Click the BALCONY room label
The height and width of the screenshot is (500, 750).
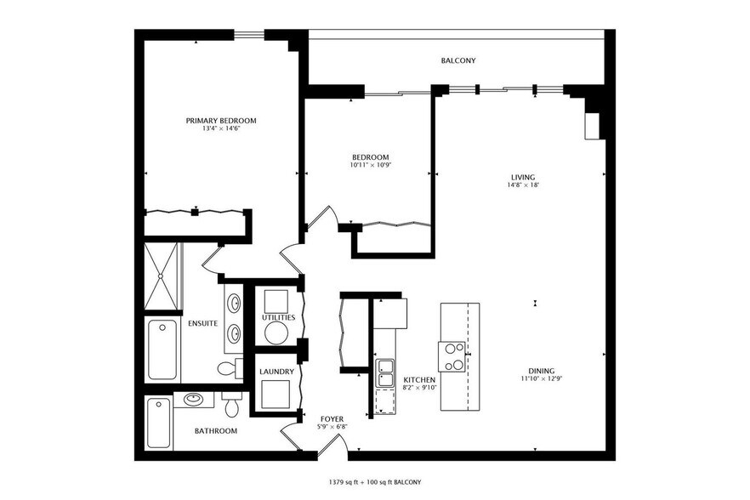[458, 60]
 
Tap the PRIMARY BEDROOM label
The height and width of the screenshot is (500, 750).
[221, 121]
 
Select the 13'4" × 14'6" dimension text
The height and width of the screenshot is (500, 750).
[221, 128]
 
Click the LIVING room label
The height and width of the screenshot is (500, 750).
[523, 177]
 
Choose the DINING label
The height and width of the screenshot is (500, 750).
[542, 371]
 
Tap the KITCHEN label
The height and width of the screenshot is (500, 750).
[419, 379]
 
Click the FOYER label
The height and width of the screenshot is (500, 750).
[332, 419]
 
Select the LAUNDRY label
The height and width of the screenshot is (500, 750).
[276, 372]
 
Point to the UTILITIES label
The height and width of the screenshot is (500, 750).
[278, 317]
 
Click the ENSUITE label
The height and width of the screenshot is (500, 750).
[202, 323]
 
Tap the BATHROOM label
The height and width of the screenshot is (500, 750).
[216, 430]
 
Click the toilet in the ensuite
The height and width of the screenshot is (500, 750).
[230, 368]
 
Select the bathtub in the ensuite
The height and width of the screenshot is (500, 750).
[162, 349]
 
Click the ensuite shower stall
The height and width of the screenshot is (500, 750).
[161, 276]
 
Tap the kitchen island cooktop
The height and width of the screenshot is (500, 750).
[452, 356]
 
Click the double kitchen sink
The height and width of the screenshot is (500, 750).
[385, 373]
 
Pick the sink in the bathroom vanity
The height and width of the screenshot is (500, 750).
[193, 399]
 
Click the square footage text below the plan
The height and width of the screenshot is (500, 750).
[374, 482]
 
